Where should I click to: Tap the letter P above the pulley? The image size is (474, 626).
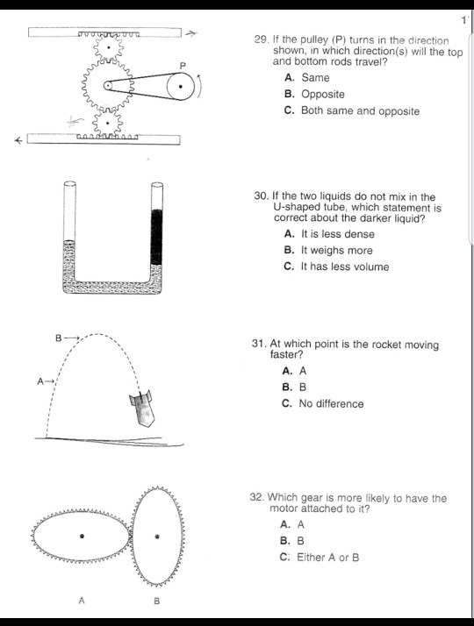[183, 66]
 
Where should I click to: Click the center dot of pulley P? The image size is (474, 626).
[180, 87]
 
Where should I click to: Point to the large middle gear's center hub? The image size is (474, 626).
[108, 85]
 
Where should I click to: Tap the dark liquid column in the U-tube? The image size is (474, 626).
[157, 235]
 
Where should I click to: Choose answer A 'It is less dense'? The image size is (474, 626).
[328, 234]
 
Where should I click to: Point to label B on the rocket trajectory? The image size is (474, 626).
[59, 337]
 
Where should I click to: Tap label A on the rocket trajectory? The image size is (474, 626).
[39, 381]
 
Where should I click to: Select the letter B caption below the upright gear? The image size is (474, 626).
[157, 601]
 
